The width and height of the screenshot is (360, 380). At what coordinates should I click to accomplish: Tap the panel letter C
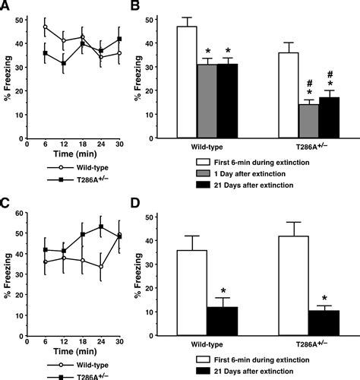(6, 202)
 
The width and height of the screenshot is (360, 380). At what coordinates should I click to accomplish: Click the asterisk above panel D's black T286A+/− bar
(325, 298)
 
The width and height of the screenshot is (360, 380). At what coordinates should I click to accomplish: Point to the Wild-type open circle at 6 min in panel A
(46, 27)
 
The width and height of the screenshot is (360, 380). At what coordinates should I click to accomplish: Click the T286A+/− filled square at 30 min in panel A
(119, 39)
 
